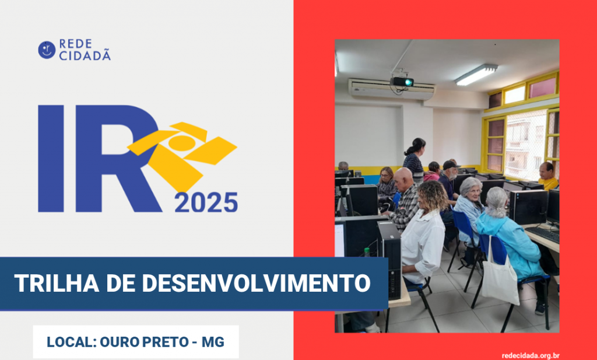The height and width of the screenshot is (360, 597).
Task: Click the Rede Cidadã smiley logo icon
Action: click(x=47, y=50)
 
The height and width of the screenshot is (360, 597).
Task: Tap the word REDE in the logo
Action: click(x=75, y=44)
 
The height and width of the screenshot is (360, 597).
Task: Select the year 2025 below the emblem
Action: click(x=206, y=202)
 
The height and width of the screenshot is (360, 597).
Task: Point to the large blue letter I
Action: click(x=51, y=159)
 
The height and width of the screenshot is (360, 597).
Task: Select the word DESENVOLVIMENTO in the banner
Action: click(x=256, y=283)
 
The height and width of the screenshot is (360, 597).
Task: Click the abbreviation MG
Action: click(x=213, y=342)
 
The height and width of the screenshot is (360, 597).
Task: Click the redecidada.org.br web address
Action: click(x=531, y=356)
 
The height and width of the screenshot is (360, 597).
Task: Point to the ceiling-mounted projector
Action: click(x=402, y=81)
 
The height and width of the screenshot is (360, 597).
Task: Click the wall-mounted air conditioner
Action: click(x=391, y=89)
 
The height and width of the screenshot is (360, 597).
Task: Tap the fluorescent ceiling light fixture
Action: click(x=476, y=74)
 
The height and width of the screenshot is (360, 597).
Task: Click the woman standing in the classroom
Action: click(x=414, y=159)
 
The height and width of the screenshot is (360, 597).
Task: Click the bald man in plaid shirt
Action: click(x=404, y=198)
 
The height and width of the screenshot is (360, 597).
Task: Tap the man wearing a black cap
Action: click(x=449, y=180)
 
